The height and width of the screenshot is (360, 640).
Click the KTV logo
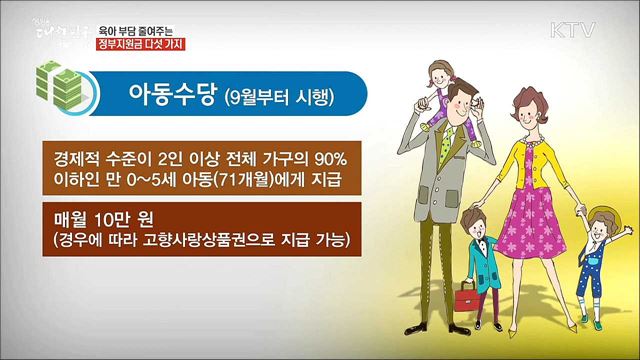(571, 28)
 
